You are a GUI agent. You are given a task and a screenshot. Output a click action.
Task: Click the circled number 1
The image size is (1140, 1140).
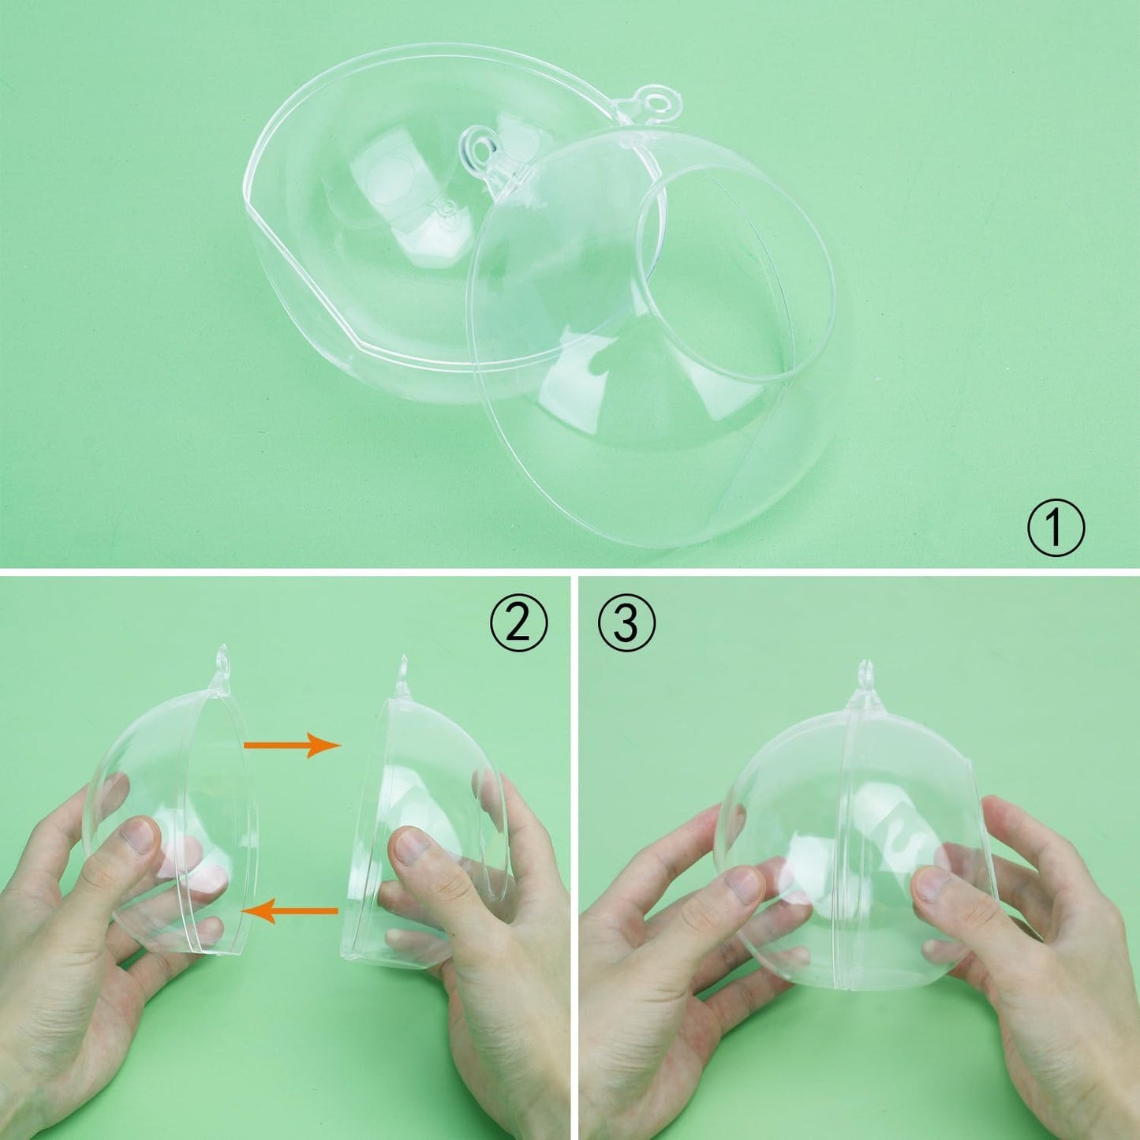click(x=1056, y=528)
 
